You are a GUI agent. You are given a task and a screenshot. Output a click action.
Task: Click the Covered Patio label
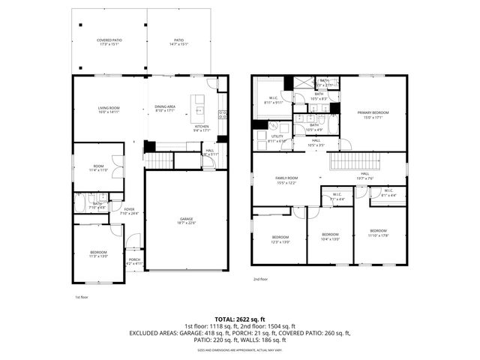pyautogui.click(x=109, y=42)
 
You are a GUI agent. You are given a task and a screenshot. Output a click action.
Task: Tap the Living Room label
pyautogui.click(x=109, y=111)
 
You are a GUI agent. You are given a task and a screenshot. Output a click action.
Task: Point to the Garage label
pyautogui.click(x=185, y=219)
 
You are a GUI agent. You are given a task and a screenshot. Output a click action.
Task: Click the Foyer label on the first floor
pyautogui.click(x=130, y=211)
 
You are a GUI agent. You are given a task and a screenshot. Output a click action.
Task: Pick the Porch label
pyautogui.click(x=133, y=262)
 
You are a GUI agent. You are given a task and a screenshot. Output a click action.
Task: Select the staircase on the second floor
pyautogui.click(x=352, y=161)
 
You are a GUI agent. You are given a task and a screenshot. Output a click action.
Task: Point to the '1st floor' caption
pyautogui.click(x=82, y=297)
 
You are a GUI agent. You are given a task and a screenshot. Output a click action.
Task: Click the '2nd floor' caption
pyautogui.click(x=260, y=279)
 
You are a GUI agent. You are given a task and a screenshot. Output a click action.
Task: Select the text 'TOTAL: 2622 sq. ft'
pyautogui.click(x=240, y=319)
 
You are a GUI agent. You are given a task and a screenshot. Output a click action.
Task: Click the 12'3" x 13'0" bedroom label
pyautogui.click(x=280, y=240)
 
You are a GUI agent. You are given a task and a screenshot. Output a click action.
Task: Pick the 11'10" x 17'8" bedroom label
pyautogui.click(x=378, y=232)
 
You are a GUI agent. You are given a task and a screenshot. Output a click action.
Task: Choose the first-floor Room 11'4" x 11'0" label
pyautogui.click(x=99, y=169)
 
